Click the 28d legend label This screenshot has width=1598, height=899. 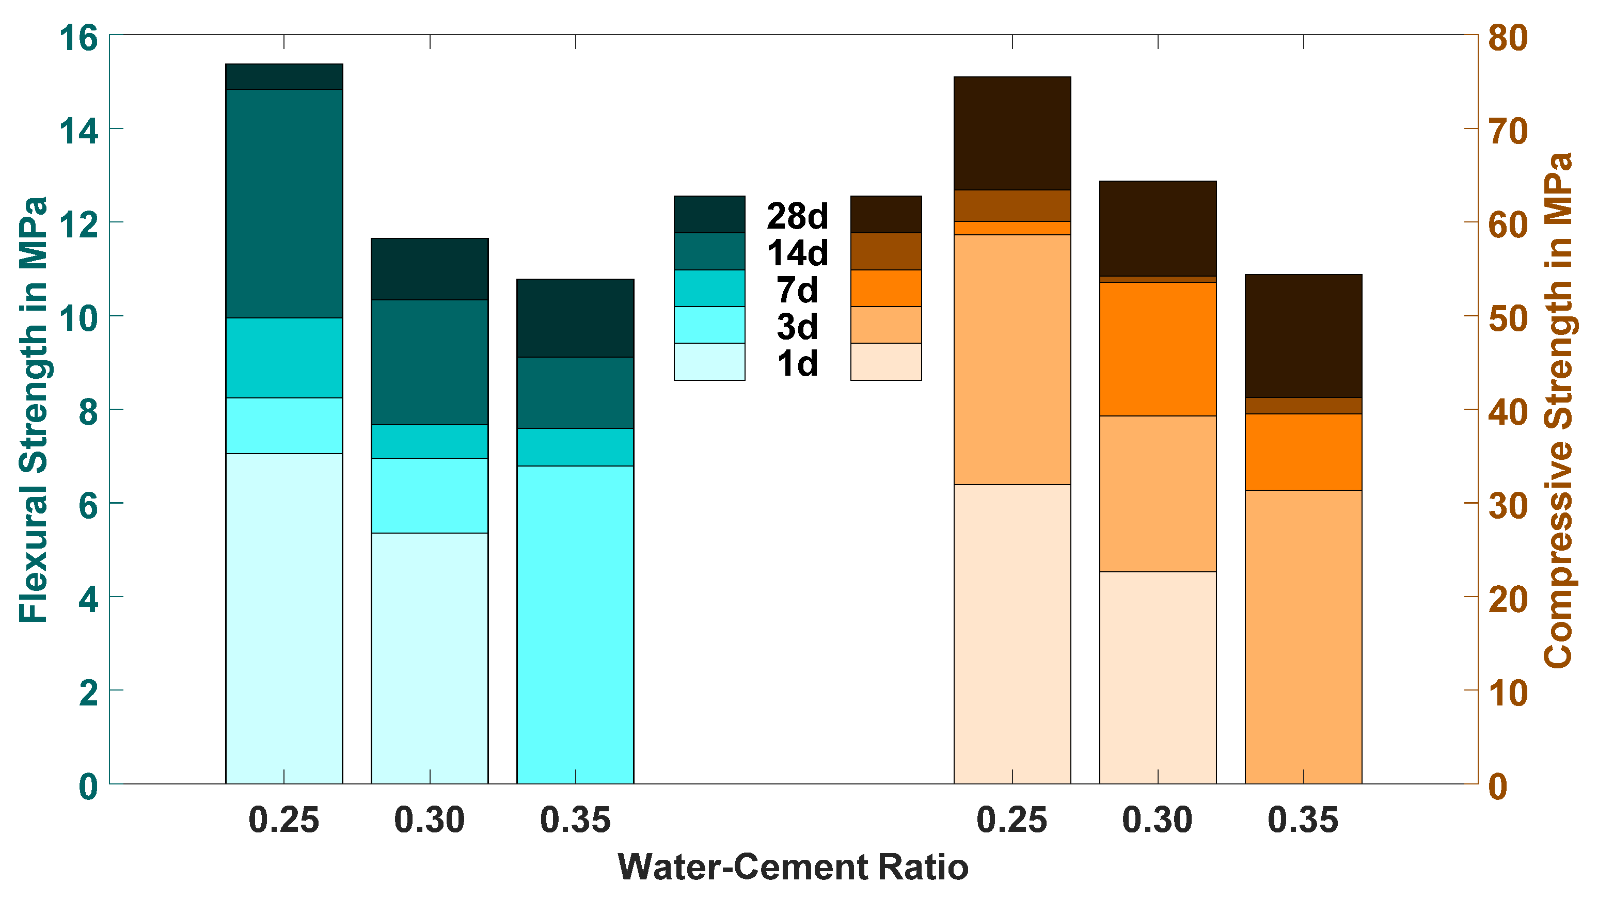point(797,216)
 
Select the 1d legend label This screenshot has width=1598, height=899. point(797,363)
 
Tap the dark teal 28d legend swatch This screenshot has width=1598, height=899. point(709,215)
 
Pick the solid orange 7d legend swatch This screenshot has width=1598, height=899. point(885,288)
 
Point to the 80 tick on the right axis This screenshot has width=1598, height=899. point(1508,38)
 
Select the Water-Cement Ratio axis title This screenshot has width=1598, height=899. point(793,867)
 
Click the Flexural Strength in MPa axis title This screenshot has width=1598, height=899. point(34,409)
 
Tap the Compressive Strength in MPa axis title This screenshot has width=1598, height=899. point(1558,409)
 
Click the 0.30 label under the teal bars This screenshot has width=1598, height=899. point(429,820)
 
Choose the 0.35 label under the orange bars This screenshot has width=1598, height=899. point(1303,820)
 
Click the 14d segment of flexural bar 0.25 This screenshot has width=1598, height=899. point(283,203)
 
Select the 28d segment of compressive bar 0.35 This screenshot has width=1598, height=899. point(1303,335)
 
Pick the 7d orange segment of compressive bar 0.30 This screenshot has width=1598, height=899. point(1158,349)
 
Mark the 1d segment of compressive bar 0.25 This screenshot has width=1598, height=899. point(1012,634)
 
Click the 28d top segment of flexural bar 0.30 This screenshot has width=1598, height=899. point(429,269)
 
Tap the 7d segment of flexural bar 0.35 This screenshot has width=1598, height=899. point(575,447)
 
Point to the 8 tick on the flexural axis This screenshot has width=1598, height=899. point(88,412)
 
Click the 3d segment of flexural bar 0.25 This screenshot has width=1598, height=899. point(283,426)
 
